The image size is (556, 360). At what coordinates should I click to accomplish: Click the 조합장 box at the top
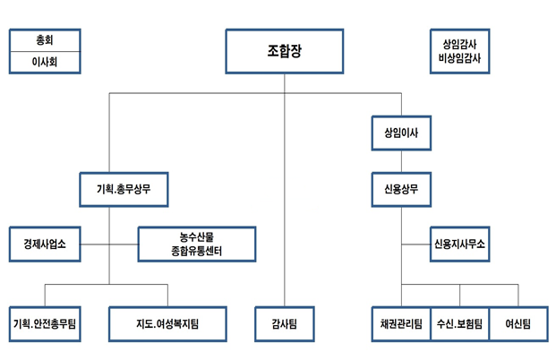284,51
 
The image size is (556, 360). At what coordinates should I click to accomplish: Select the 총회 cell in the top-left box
45,40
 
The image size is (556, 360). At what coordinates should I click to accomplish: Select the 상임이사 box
401,133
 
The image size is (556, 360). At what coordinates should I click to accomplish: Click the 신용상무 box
401,190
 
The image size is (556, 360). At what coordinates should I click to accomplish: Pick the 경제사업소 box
45,243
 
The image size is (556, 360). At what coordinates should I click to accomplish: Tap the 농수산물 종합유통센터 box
197,243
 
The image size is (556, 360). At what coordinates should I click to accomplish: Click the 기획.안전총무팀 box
45,323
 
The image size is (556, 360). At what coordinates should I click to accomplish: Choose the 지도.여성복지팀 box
167,323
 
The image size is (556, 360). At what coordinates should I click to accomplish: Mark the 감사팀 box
284,323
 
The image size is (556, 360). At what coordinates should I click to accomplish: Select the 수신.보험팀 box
459,323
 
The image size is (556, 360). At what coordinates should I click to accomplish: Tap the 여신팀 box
518,323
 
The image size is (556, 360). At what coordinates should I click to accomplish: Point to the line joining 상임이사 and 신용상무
401,161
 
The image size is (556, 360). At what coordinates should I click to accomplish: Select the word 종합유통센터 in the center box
197,251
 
